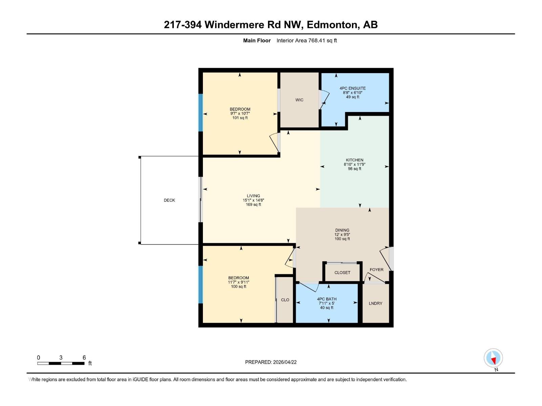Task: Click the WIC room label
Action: point(299,100)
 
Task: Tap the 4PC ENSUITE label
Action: point(353,88)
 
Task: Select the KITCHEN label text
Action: point(354,160)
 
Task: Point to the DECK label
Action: point(169,200)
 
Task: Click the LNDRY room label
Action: point(375,303)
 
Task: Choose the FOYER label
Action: point(376,270)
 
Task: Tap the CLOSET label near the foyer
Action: point(342,273)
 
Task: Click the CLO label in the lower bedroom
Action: point(285,300)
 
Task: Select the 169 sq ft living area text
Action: point(253,205)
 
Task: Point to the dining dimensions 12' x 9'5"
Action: point(342,234)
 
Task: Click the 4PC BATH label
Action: point(327,299)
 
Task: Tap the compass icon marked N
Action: point(493,358)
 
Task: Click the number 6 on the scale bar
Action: point(84,358)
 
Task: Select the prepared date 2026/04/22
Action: point(285,362)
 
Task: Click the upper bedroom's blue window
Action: point(201,112)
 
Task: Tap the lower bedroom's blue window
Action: point(201,284)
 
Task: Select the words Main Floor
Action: point(257,41)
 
